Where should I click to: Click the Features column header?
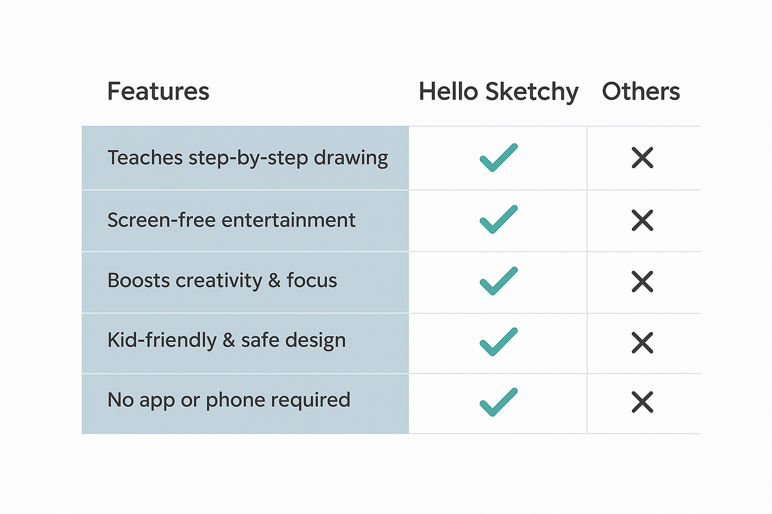tap(158, 91)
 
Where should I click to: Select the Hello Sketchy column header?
tap(498, 92)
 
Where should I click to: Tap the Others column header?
tap(641, 91)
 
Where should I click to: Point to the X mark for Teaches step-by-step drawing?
tap(642, 158)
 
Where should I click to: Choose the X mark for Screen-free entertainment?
tap(642, 220)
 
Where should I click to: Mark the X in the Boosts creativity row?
tap(642, 282)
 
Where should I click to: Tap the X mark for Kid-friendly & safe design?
tap(642, 342)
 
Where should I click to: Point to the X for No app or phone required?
tap(642, 402)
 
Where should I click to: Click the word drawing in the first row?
tap(351, 159)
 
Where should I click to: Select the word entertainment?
tap(288, 221)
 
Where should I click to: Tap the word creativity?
tap(219, 281)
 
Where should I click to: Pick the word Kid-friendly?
tap(162, 341)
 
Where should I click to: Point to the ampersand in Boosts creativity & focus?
tap(274, 280)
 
